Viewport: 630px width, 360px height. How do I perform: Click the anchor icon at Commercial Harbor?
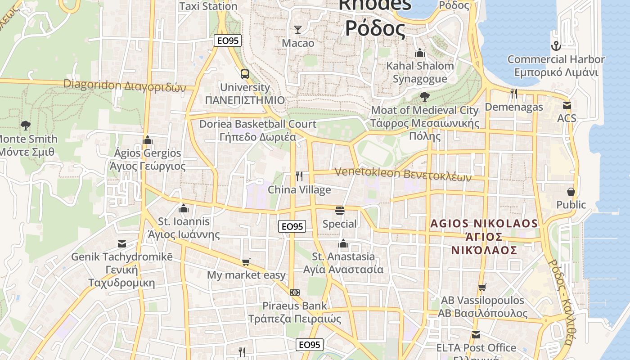(x=556, y=46)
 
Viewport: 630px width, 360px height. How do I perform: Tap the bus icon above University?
(x=245, y=74)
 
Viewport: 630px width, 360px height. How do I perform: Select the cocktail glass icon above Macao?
(x=297, y=30)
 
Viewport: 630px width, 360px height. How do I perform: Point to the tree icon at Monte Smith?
(x=26, y=126)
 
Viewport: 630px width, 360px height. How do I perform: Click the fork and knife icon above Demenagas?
(x=513, y=94)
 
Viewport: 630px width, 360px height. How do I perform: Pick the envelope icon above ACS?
(x=567, y=105)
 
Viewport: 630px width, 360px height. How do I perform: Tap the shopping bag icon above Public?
(x=571, y=192)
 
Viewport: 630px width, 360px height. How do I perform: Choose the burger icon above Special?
(x=340, y=210)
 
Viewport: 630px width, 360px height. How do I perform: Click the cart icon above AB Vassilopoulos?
(x=482, y=287)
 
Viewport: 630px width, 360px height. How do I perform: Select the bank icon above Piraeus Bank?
(x=295, y=292)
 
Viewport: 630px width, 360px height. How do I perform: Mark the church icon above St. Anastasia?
(x=344, y=243)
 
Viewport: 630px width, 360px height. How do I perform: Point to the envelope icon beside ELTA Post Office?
(x=476, y=335)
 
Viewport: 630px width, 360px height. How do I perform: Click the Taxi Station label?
(x=208, y=6)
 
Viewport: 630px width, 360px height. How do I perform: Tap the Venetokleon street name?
(x=403, y=174)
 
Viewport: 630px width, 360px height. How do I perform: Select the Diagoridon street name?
(x=124, y=85)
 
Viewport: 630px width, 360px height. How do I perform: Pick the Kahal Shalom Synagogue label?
(x=420, y=72)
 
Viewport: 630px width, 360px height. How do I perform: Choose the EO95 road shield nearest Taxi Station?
(x=228, y=41)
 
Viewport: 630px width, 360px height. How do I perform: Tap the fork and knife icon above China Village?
(x=299, y=176)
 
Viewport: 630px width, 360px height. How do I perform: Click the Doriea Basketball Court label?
(x=258, y=130)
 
